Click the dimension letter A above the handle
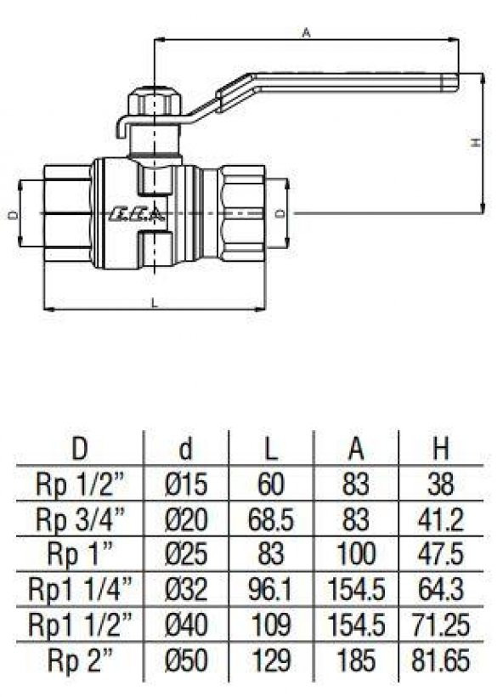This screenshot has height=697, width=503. [306, 33]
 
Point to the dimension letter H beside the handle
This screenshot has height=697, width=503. [476, 143]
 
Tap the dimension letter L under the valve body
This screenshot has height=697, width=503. [154, 303]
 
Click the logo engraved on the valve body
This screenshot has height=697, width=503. [138, 214]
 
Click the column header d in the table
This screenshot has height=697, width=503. [185, 449]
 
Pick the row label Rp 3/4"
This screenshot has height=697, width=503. [81, 519]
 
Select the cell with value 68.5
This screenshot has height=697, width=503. [270, 519]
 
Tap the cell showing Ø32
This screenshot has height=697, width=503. [186, 589]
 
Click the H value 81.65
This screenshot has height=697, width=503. [440, 660]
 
